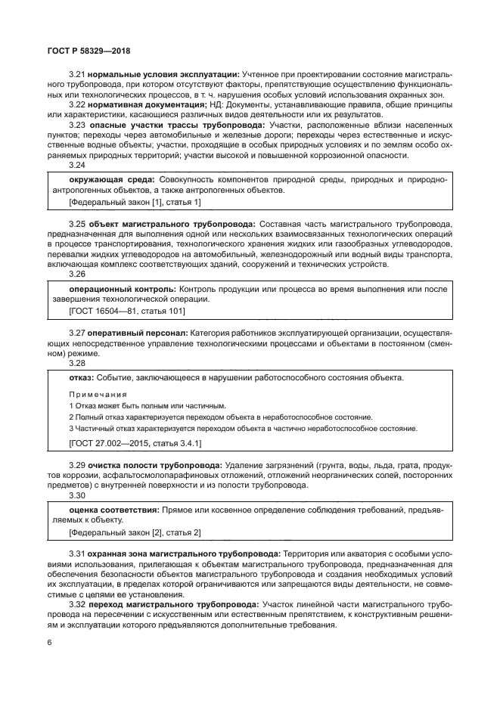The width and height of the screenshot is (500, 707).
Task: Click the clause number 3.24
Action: tap(77, 166)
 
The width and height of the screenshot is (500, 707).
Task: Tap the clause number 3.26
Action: tap(77, 275)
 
